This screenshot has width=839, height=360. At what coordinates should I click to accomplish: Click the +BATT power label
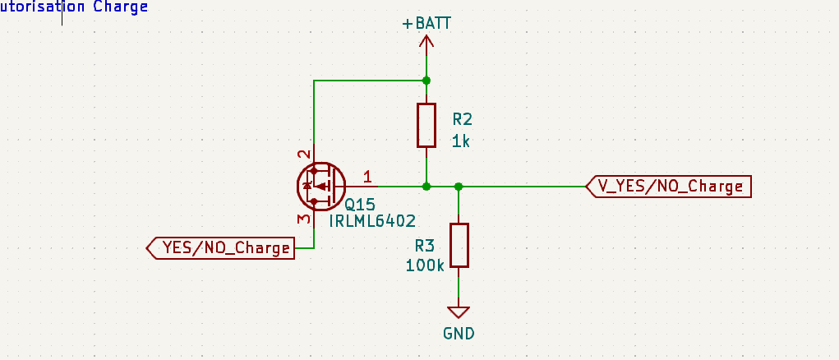(x=426, y=23)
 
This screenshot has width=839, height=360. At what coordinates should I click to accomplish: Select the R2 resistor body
(x=426, y=125)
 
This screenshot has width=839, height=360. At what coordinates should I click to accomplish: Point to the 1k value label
(x=460, y=141)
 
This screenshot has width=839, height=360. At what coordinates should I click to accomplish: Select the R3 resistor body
(x=459, y=245)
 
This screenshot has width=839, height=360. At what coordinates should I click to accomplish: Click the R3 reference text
(x=424, y=245)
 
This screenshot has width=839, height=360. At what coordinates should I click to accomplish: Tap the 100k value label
(x=424, y=265)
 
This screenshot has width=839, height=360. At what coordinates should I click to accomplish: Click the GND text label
(x=459, y=334)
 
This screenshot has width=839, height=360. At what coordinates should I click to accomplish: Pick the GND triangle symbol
(x=459, y=312)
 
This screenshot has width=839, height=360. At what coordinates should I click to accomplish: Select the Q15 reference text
(x=360, y=204)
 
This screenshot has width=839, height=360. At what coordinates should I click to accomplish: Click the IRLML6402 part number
(x=371, y=221)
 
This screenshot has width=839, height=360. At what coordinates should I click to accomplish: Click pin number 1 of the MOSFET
(x=367, y=176)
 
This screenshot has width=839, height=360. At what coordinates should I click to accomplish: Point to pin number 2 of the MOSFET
(x=304, y=154)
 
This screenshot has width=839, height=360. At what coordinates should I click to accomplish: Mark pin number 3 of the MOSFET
(x=304, y=219)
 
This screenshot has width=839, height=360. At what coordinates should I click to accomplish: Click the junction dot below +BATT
(x=426, y=81)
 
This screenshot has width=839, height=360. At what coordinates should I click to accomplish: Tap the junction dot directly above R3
(x=459, y=187)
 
